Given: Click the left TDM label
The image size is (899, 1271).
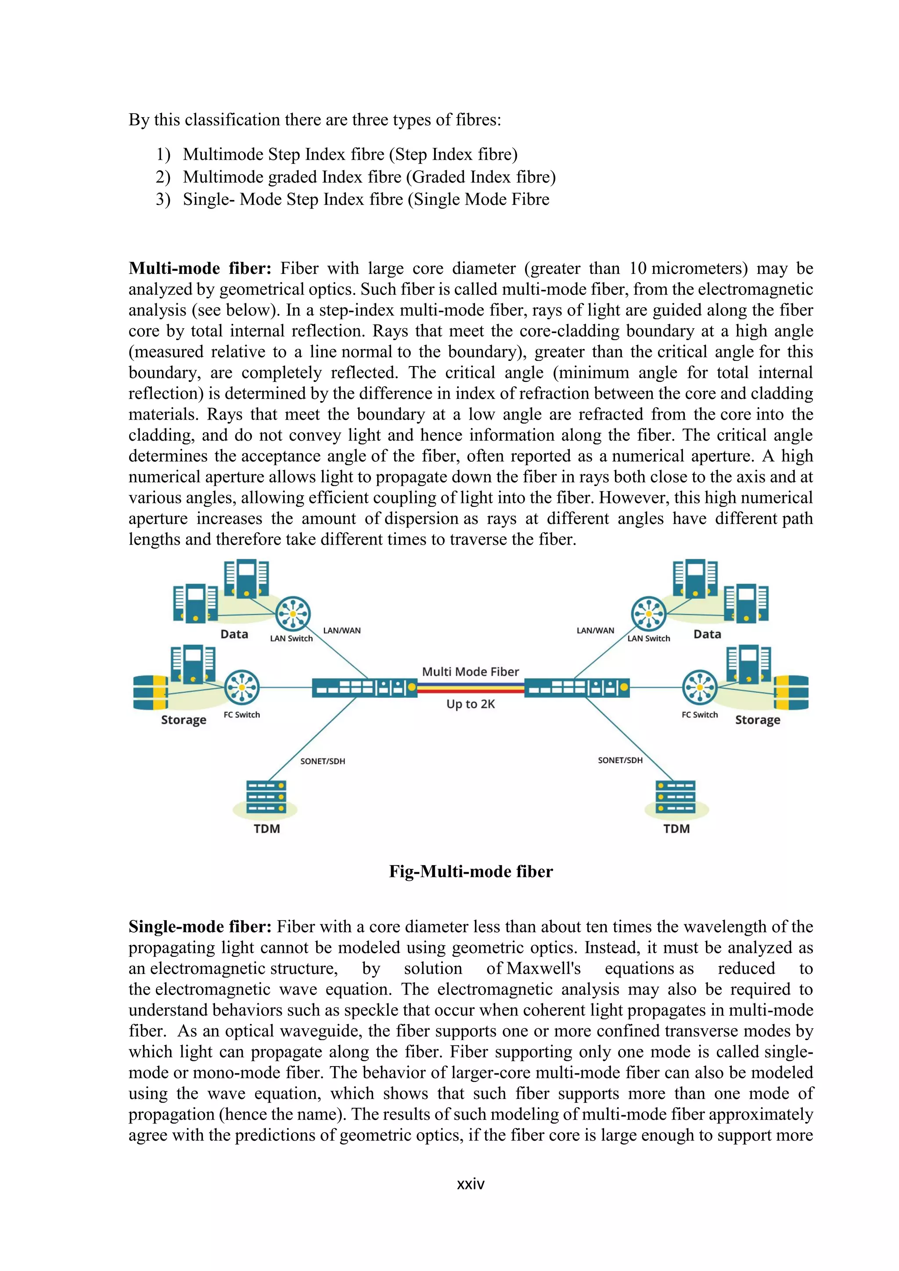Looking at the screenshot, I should point(267,829).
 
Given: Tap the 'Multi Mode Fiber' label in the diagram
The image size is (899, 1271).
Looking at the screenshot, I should point(471,671).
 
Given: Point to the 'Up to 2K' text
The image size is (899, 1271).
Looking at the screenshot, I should point(471,704).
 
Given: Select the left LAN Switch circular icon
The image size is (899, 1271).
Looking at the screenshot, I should point(293,614).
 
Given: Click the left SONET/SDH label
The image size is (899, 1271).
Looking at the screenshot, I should point(323,761).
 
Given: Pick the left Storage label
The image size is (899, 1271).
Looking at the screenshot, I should point(184,720).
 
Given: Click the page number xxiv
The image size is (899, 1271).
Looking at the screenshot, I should point(471,1184).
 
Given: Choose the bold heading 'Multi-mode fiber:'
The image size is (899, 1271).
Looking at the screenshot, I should point(200,269).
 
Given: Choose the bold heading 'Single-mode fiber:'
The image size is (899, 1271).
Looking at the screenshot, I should point(200,926).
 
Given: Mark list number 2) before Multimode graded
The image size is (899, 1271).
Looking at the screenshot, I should point(163,177).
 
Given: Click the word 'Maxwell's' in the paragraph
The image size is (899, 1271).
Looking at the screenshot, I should point(543,968).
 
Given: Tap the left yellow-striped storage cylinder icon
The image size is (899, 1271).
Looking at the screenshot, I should point(151,692).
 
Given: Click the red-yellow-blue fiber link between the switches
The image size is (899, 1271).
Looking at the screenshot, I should point(471,688).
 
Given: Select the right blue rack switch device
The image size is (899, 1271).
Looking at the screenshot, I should point(577,688).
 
